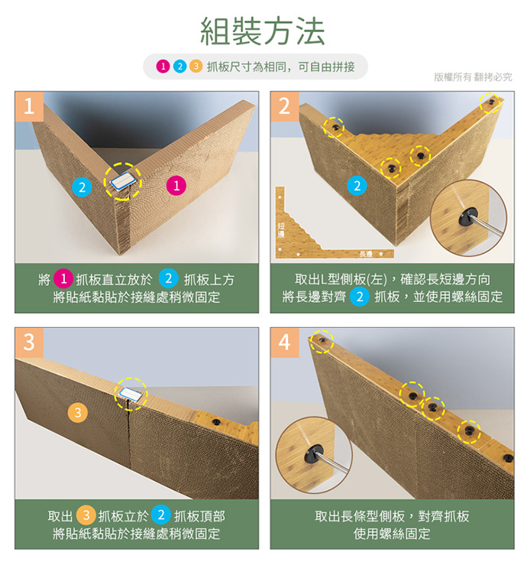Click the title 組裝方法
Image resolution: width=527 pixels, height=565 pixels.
(263, 31)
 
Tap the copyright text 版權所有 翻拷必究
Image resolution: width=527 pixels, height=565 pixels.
(473, 76)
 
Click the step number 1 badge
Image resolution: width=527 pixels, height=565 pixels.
(29, 106)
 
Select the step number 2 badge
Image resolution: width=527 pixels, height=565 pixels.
(285, 106)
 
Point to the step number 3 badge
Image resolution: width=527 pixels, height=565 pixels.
(29, 343)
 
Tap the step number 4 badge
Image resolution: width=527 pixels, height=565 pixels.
(285, 343)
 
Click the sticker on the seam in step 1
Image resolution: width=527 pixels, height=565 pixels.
(122, 181)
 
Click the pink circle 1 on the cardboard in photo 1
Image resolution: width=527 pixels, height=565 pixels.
(176, 186)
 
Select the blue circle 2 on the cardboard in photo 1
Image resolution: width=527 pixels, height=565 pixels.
(82, 187)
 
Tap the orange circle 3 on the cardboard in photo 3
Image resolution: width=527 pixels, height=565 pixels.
(78, 412)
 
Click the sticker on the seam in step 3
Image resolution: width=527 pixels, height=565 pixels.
(131, 395)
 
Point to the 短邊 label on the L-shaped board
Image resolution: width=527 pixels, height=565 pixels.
(281, 230)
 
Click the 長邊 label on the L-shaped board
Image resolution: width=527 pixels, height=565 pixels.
(366, 254)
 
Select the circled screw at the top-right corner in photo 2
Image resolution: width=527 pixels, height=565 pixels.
(491, 102)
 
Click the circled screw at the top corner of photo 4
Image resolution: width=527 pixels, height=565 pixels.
(322, 339)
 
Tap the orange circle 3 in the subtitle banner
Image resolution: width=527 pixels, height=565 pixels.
(196, 67)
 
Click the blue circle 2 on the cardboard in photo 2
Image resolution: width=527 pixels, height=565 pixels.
(357, 186)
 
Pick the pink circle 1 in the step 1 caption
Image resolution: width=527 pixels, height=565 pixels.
(63, 279)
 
